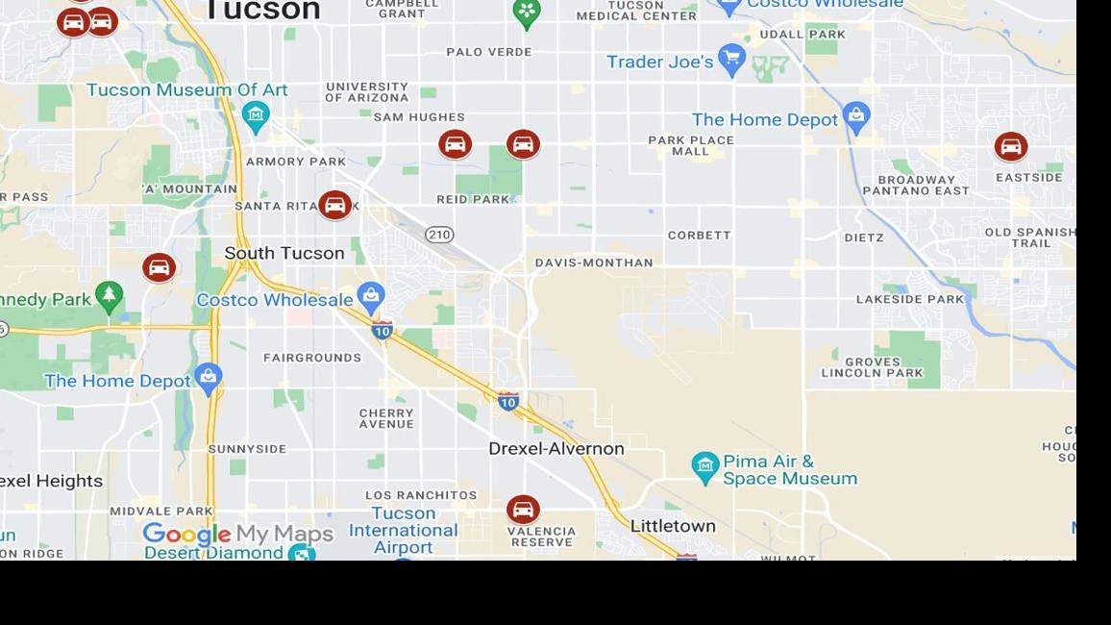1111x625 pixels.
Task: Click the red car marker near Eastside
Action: [x=1010, y=147]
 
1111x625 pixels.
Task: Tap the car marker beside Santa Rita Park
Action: [x=334, y=205]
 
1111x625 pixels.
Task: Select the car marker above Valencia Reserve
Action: [x=523, y=510]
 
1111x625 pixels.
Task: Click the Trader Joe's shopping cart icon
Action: [x=731, y=59]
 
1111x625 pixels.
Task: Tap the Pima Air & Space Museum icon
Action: [x=705, y=467]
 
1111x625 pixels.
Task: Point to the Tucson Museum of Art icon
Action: [x=255, y=116]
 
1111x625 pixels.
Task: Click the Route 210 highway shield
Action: [x=439, y=235]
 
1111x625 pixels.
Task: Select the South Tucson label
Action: [x=284, y=253]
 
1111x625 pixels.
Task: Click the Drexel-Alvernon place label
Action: [x=555, y=448]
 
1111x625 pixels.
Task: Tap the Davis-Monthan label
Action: [x=594, y=262]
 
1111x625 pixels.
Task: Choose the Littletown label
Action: [x=673, y=526]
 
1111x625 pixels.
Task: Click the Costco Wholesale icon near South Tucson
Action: [x=371, y=297]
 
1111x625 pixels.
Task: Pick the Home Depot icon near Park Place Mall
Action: [x=855, y=117]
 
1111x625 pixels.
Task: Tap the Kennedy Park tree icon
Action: [x=110, y=296]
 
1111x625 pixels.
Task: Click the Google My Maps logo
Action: [x=237, y=534]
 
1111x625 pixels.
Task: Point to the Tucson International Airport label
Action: [x=403, y=530]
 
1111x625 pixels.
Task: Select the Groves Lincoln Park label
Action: [x=872, y=367]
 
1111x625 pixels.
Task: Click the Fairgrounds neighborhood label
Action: [x=312, y=358]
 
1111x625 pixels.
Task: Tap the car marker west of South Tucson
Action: [x=159, y=267]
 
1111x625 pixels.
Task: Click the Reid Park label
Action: [x=473, y=199]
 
